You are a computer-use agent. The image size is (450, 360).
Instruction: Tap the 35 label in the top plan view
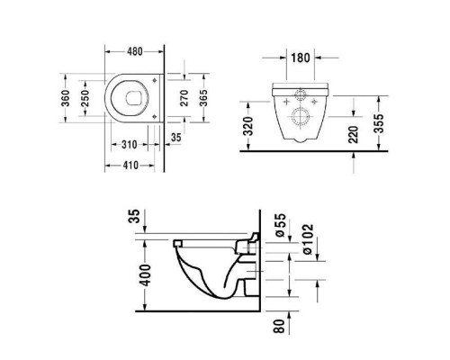click(175, 138)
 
